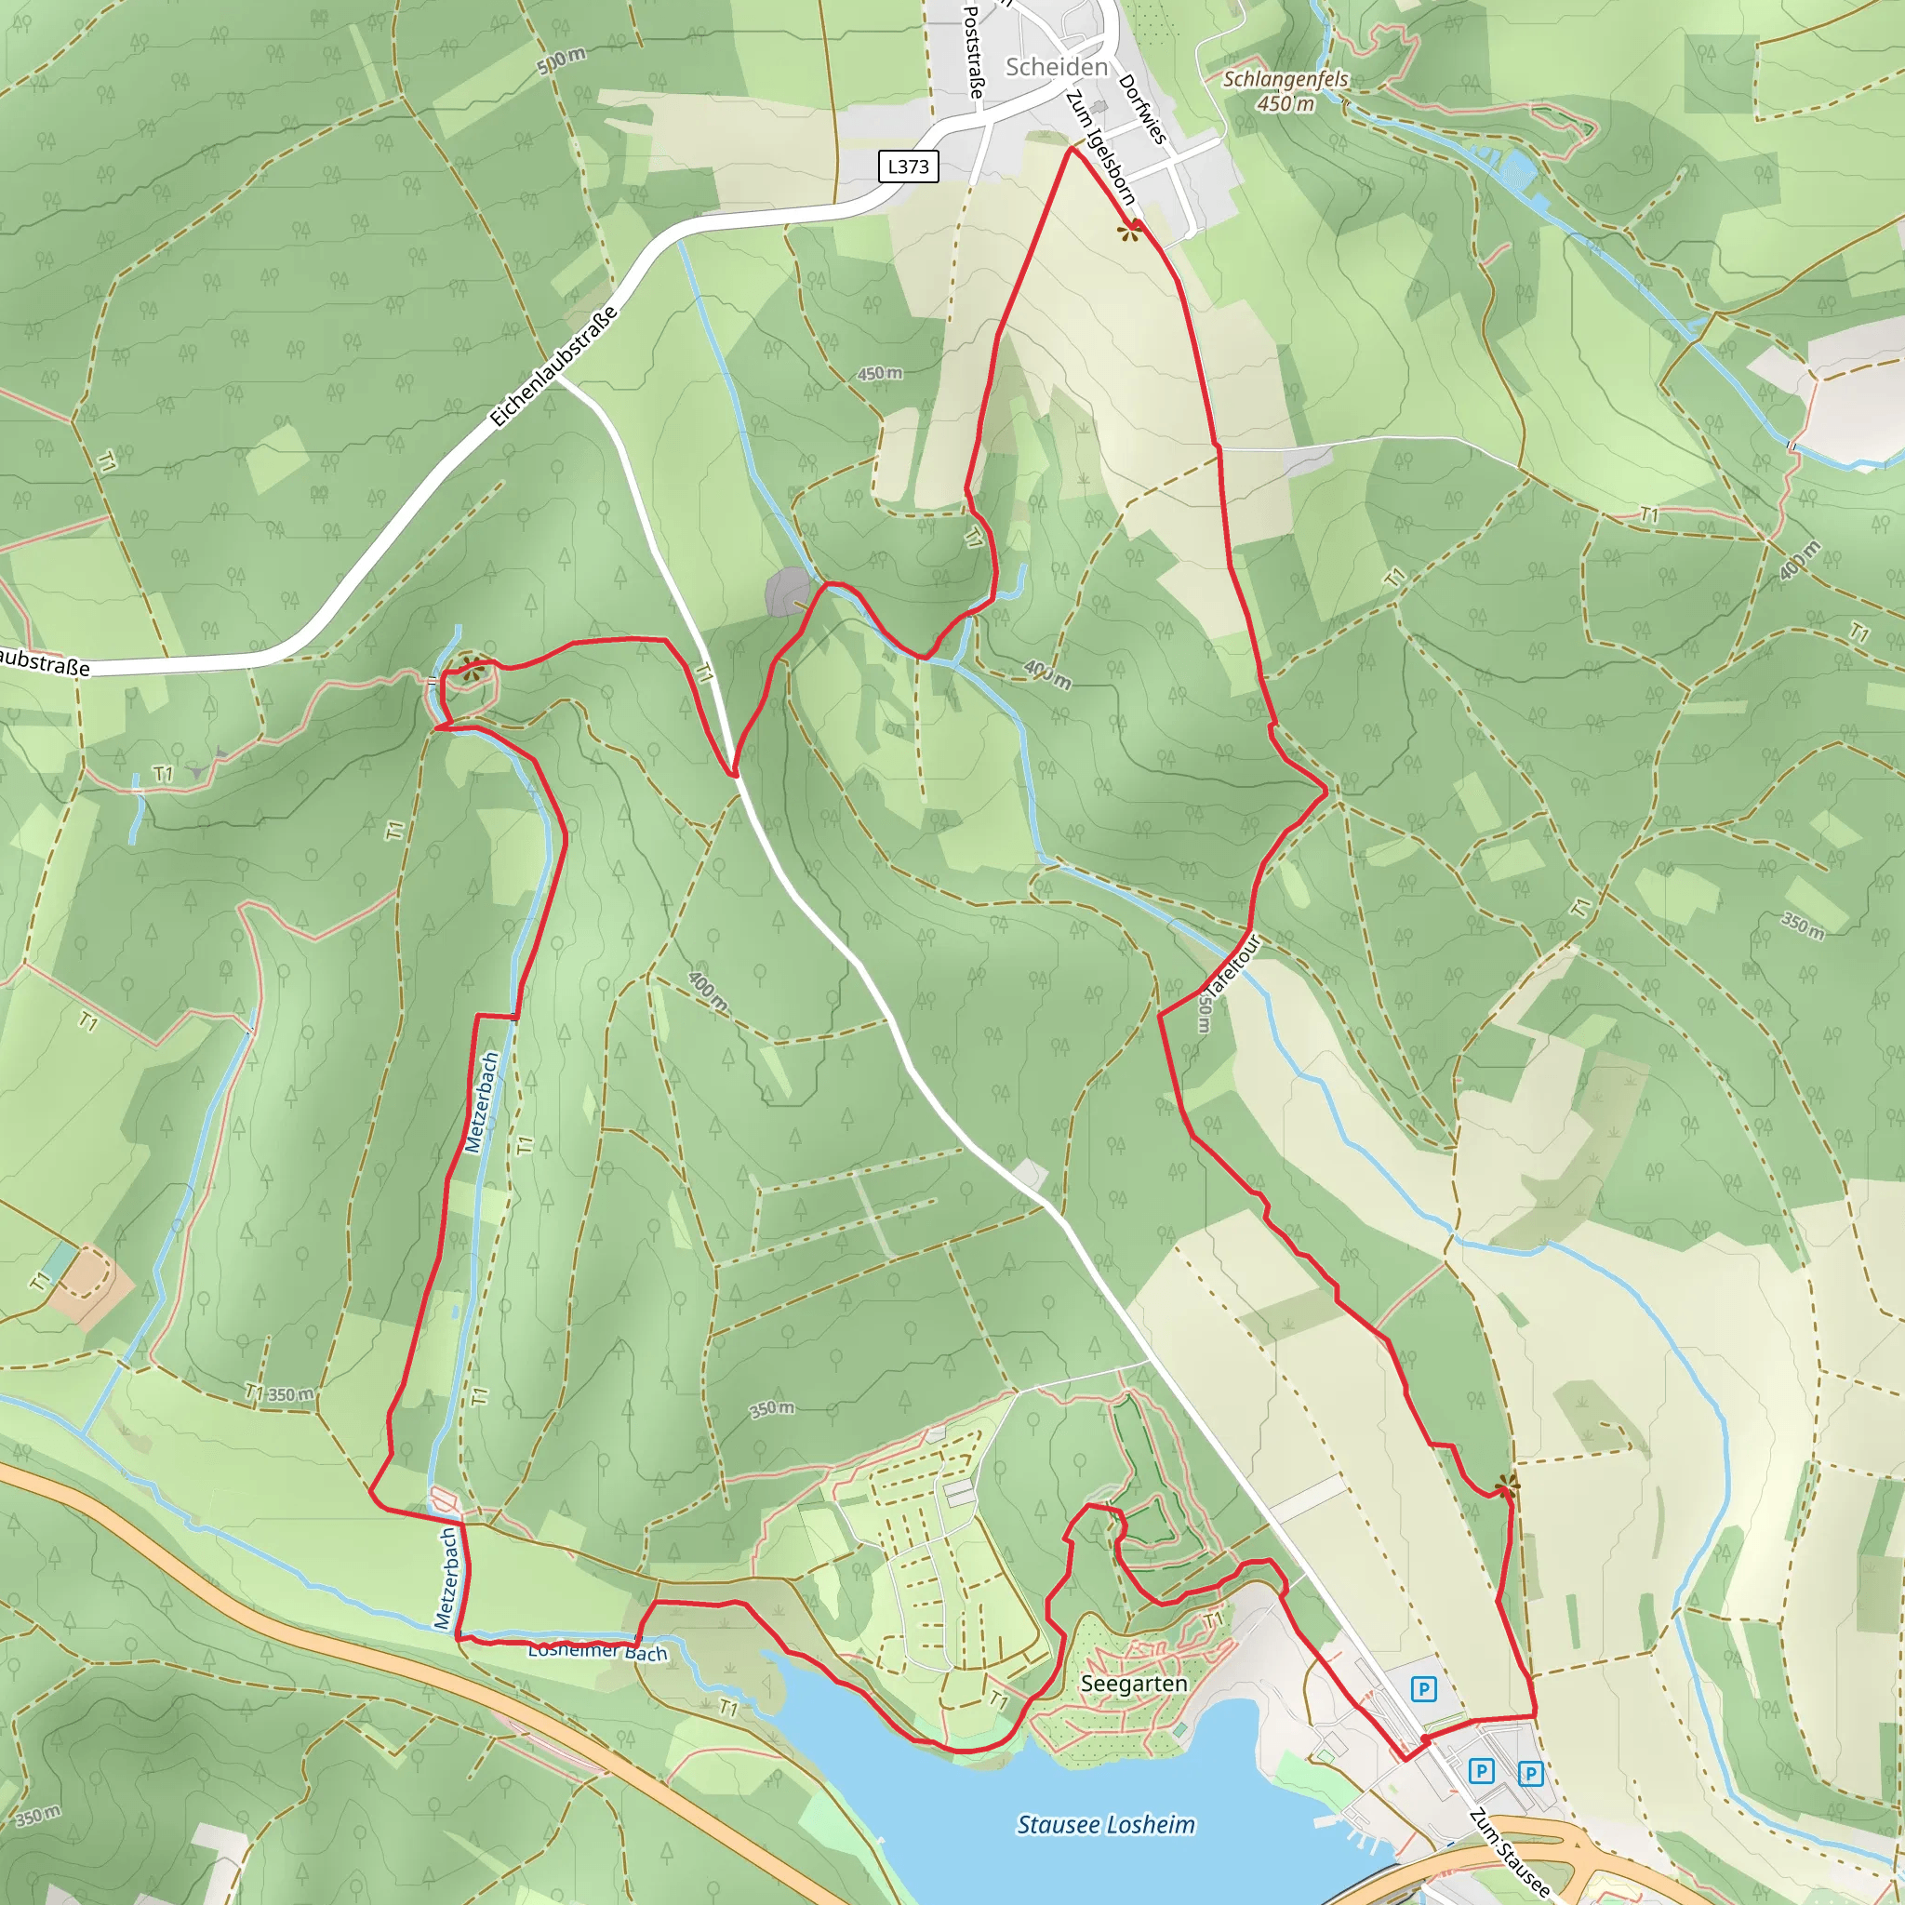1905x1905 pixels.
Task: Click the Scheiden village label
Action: click(1056, 66)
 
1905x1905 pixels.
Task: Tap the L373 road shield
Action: click(907, 166)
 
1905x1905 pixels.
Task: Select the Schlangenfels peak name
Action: click(1285, 79)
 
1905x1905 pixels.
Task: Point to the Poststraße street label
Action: click(972, 51)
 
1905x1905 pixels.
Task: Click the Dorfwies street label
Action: click(1143, 110)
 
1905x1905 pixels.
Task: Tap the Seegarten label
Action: click(1133, 1683)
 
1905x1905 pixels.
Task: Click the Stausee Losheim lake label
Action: click(1105, 1825)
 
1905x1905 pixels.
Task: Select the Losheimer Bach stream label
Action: click(597, 1651)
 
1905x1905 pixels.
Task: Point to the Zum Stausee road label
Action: click(1509, 1853)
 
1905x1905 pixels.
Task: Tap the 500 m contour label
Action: click(561, 61)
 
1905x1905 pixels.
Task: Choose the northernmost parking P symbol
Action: click(1423, 1689)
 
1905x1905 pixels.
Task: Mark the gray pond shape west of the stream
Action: click(787, 593)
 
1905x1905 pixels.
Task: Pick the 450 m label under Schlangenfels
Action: click(1285, 102)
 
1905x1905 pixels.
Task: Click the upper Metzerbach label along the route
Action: click(481, 1102)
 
